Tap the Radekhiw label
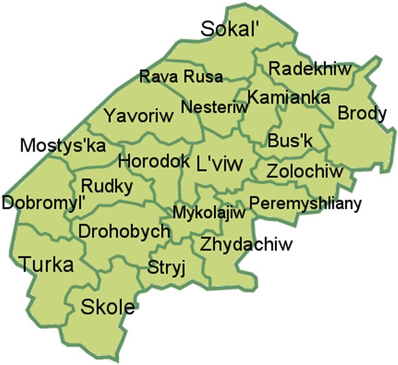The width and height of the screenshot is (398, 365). click(310, 69)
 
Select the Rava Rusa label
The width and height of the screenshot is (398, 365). click(181, 76)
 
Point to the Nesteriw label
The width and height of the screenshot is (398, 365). click(215, 107)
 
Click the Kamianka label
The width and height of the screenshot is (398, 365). click(289, 97)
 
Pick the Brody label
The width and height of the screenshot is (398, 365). click(362, 113)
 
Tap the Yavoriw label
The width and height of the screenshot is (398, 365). click(139, 116)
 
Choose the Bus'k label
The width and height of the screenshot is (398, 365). click(290, 140)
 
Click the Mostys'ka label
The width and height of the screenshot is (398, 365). click(63, 146)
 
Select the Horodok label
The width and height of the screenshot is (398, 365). click(154, 161)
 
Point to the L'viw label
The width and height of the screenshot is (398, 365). click(219, 163)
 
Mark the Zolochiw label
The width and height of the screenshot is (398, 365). click(305, 171)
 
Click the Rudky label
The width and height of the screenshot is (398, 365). click(107, 186)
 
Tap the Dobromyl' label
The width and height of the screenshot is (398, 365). click(44, 202)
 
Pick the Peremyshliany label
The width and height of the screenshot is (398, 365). click(305, 203)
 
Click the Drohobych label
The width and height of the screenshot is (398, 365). click(124, 231)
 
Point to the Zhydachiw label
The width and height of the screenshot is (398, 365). click(246, 244)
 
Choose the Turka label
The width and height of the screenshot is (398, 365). click(46, 265)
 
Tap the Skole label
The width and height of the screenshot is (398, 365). click(108, 306)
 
